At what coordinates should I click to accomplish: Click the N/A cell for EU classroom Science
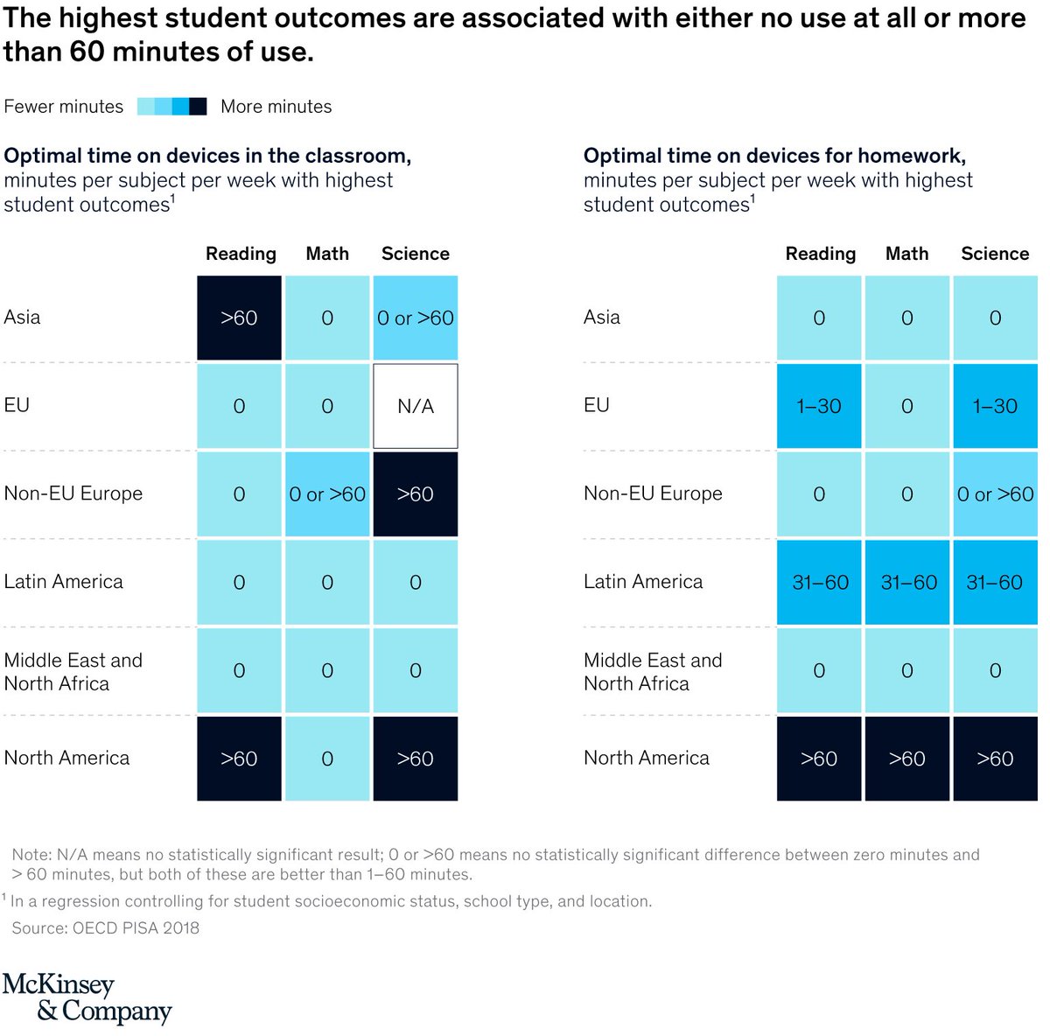click(x=416, y=406)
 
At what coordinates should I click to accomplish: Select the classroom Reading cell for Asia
click(x=239, y=318)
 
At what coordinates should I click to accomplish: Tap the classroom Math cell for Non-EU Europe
click(x=327, y=494)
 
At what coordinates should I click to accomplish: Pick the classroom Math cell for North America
click(x=327, y=759)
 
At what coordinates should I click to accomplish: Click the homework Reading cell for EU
click(x=819, y=406)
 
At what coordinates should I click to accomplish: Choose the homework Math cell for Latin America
click(x=907, y=583)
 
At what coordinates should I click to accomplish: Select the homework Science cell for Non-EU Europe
click(x=996, y=494)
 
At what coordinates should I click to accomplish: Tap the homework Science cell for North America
click(x=996, y=759)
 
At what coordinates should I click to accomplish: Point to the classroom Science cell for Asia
click(x=416, y=318)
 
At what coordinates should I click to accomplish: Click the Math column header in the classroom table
click(x=327, y=254)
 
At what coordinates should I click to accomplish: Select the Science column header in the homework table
click(x=995, y=254)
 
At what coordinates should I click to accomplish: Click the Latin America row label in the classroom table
click(x=64, y=582)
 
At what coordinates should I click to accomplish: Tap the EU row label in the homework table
click(x=597, y=405)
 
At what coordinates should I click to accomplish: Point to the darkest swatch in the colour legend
click(x=199, y=107)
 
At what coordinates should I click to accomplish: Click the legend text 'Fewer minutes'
click(x=64, y=107)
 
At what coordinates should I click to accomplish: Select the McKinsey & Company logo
click(x=87, y=997)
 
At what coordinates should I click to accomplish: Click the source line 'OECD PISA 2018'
click(x=106, y=927)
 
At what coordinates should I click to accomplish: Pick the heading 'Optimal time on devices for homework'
click(x=774, y=156)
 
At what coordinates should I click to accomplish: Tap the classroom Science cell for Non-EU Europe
click(x=416, y=494)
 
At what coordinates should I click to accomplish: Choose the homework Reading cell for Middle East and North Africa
click(x=819, y=671)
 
